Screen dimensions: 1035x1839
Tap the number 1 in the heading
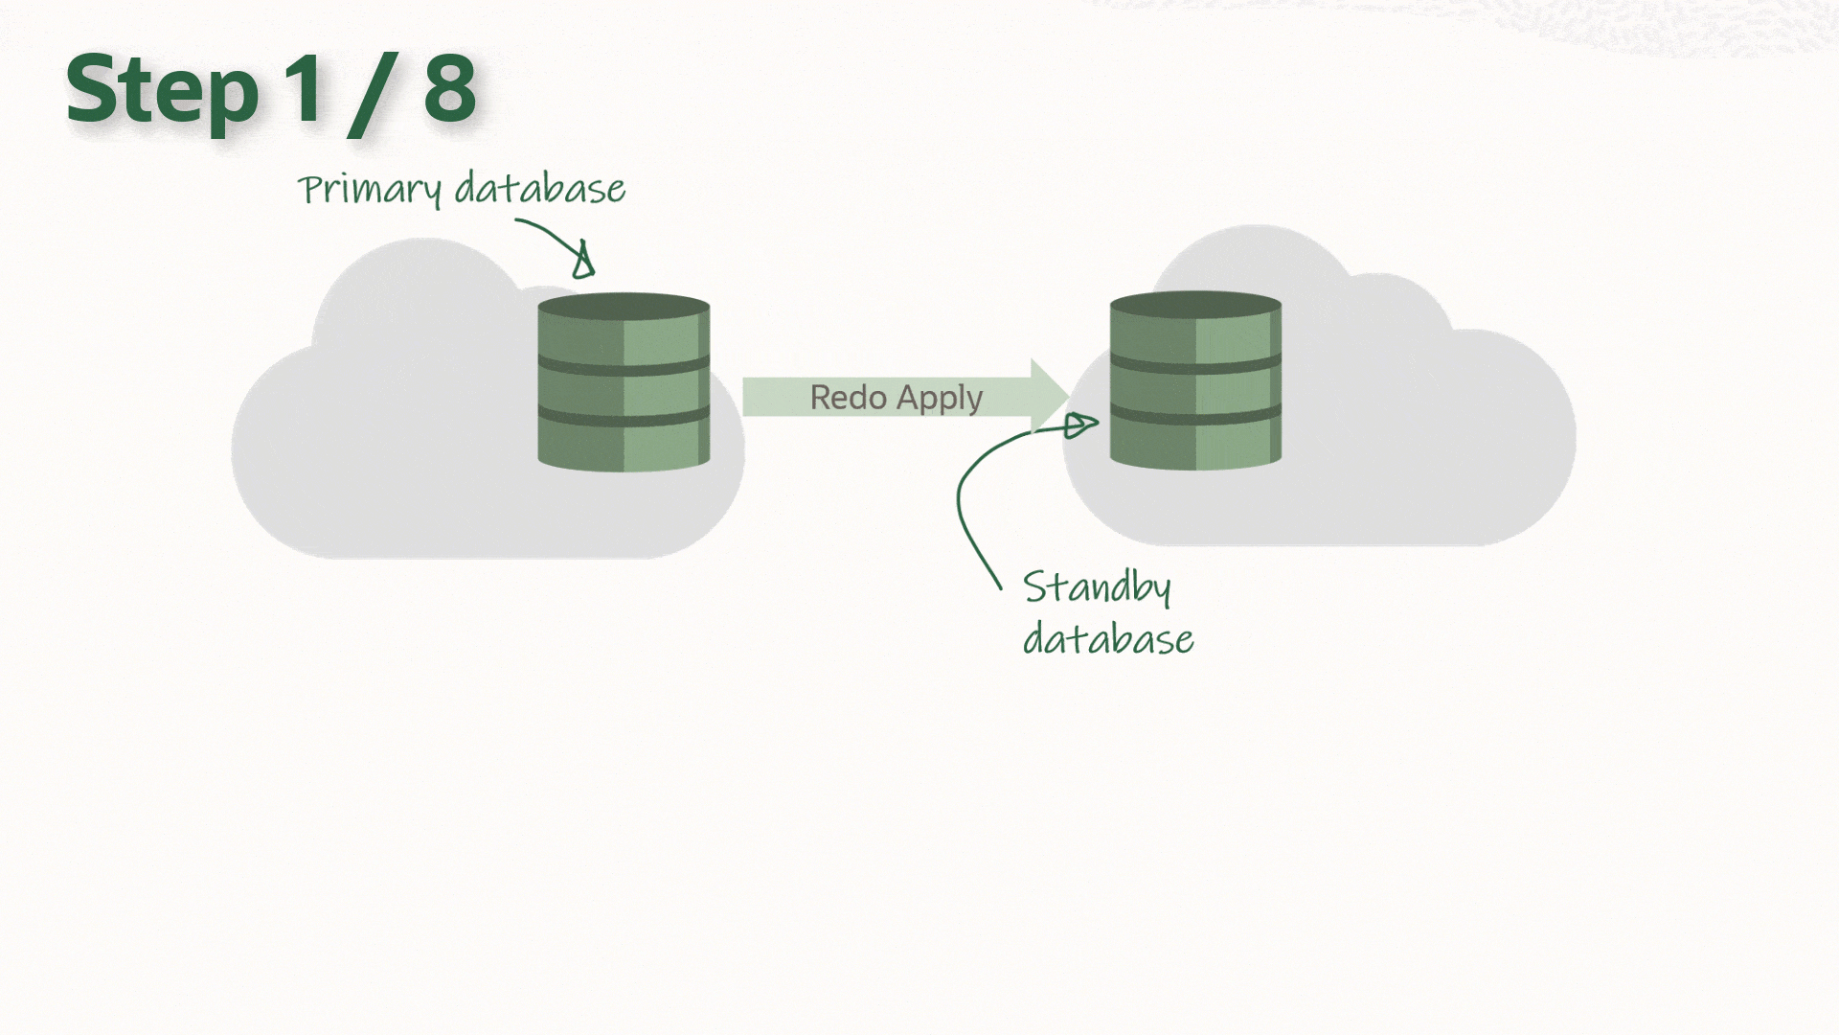(305, 88)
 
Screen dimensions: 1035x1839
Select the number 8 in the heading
(449, 88)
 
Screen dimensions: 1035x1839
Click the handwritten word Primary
(369, 189)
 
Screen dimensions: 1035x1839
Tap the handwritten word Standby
(1097, 586)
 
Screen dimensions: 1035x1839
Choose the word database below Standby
(1108, 639)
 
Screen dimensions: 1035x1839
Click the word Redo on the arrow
(848, 397)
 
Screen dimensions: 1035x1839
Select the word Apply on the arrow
(940, 399)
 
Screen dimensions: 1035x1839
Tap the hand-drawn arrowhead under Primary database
(583, 262)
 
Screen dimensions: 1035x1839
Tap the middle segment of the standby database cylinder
(1195, 390)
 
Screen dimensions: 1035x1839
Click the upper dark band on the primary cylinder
(624, 366)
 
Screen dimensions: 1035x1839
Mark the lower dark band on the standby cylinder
(1195, 416)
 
